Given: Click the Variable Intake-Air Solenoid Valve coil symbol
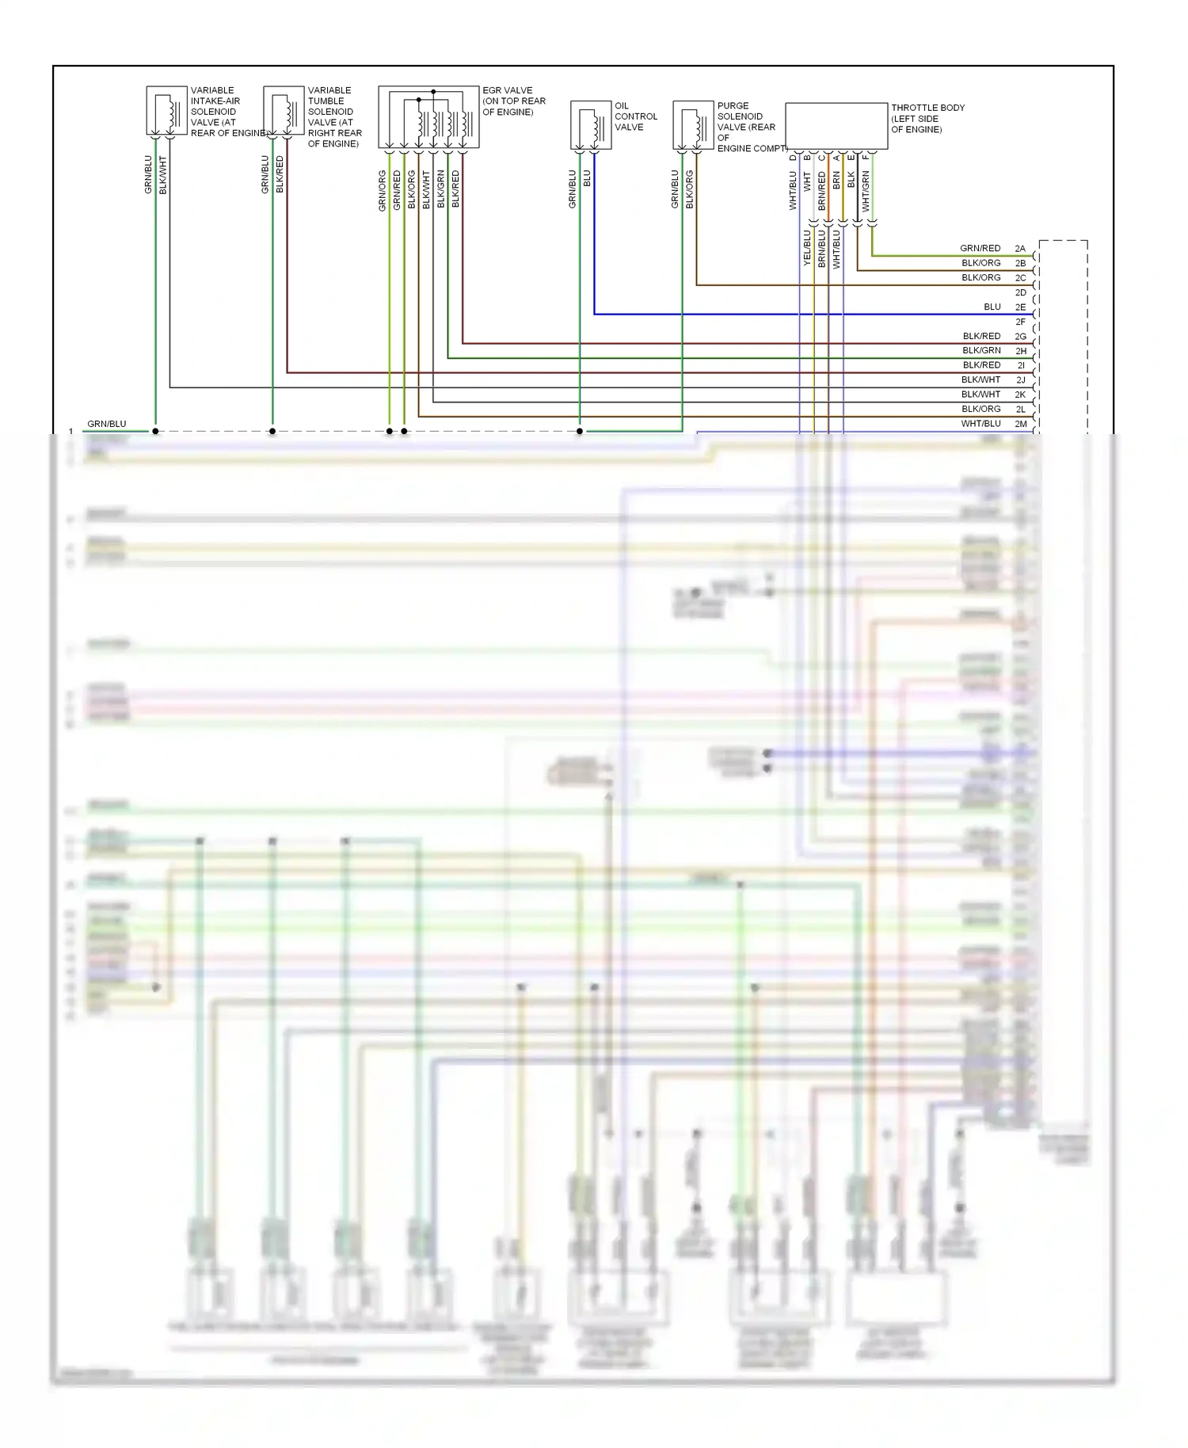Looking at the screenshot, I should (166, 111).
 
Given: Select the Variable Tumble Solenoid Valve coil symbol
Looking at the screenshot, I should (283, 111).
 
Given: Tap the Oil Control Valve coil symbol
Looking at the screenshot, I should (590, 125).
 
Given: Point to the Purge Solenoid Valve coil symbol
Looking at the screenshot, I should (693, 125).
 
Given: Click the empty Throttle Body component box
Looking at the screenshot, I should (836, 125).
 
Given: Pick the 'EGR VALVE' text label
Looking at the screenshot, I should (507, 90).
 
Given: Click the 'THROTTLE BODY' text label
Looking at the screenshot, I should (927, 108).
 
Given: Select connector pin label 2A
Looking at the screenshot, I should (1020, 249).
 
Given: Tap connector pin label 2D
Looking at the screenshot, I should (1020, 292).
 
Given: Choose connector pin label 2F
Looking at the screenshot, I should (1020, 322).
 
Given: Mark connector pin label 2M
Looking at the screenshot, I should (1020, 424).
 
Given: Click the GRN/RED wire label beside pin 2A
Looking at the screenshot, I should (980, 249).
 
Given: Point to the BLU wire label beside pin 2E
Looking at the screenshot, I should (992, 307).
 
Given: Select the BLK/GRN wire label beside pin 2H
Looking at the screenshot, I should (981, 351).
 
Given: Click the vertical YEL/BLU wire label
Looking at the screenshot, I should (807, 247).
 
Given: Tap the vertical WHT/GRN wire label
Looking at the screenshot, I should (866, 192).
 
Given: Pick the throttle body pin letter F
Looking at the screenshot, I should (866, 158).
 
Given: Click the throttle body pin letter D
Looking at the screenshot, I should (793, 158).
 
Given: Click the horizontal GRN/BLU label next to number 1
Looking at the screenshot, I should (106, 424).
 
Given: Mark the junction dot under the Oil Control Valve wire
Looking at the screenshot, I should (580, 431).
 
